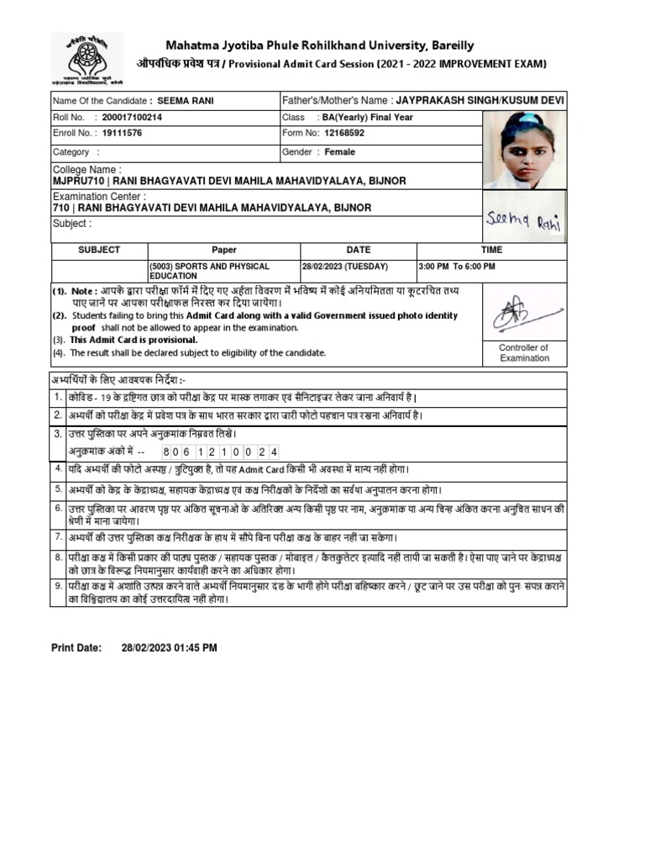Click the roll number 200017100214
click(x=134, y=118)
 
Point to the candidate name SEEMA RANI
click(x=183, y=101)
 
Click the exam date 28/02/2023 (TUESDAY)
click(x=345, y=267)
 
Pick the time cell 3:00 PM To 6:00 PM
click(x=457, y=267)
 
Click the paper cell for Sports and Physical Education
click(x=209, y=271)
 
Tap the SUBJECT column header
click(x=99, y=250)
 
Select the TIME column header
click(x=491, y=250)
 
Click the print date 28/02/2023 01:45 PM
click(x=169, y=647)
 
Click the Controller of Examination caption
click(x=524, y=353)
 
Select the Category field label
click(x=71, y=152)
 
